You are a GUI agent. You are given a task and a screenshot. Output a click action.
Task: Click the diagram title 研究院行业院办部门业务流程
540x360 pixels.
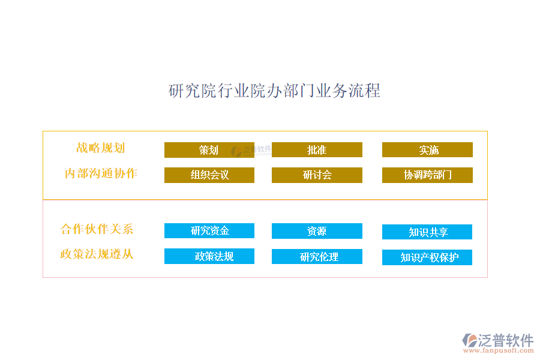pos(274,91)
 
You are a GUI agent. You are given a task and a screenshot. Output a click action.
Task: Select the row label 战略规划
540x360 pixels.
pos(100,148)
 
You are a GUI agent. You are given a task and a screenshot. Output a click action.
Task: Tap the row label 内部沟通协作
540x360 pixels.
pos(101,173)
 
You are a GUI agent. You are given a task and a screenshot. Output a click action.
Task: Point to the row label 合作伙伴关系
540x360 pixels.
pos(97,229)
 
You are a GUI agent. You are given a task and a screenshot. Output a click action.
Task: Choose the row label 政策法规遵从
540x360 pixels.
pos(97,254)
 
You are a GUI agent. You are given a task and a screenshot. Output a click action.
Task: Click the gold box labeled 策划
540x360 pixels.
pos(209,150)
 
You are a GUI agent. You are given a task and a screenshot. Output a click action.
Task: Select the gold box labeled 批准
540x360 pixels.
pos(317,149)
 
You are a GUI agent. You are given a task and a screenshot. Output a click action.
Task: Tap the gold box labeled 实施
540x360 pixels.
pos(427,149)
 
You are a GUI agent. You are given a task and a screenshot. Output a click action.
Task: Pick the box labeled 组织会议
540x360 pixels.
pos(209,175)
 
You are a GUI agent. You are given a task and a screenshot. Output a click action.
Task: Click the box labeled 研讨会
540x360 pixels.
pos(317,175)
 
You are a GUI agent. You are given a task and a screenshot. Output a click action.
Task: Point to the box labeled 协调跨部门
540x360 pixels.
pos(427,175)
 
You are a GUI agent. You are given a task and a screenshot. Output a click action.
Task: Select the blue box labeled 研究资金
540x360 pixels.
pos(209,230)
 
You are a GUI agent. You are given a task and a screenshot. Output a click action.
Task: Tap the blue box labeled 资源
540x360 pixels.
pos(317,231)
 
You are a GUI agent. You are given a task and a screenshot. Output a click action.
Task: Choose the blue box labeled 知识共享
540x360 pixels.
pos(427,232)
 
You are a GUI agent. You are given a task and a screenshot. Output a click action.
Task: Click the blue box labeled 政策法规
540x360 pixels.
pos(209,256)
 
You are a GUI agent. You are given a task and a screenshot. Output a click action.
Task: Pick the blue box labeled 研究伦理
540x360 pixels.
pos(317,256)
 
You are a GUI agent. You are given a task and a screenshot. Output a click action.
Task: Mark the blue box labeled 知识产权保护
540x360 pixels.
pos(427,257)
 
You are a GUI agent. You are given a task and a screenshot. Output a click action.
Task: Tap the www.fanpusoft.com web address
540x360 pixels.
pos(499,350)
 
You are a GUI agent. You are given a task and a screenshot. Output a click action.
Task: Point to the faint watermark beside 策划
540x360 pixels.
pos(251,151)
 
